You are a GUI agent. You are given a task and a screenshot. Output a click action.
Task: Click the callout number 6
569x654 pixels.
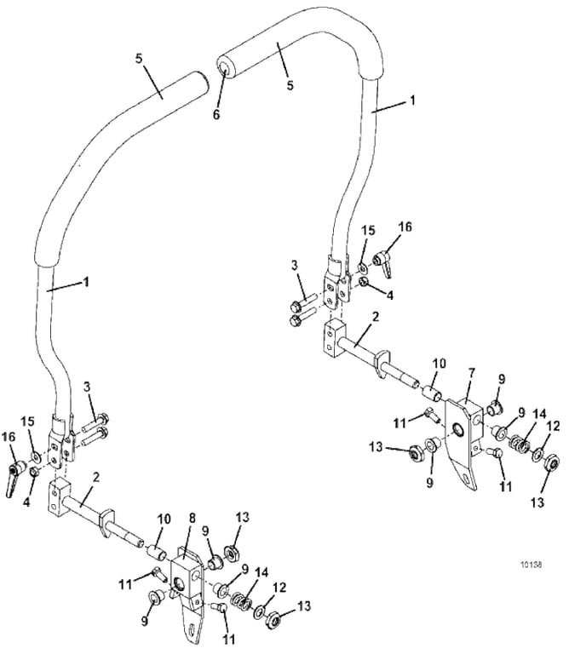pos(216,114)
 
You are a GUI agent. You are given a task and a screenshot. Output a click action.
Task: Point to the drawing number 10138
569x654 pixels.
pos(531,565)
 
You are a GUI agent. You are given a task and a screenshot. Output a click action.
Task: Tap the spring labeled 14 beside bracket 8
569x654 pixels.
pos(241,602)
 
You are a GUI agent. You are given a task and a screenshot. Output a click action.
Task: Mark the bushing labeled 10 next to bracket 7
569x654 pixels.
pos(432,392)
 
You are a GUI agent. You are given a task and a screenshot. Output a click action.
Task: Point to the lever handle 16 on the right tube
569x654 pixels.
pos(384,264)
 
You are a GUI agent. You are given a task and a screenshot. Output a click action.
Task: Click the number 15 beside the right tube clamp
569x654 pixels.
pos(369,231)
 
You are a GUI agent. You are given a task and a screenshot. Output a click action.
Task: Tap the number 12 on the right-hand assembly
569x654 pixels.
pos(553,426)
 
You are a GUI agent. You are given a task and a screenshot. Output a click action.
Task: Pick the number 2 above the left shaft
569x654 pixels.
pos(96,478)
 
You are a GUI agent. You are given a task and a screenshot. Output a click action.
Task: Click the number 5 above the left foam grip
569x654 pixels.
pos(139,59)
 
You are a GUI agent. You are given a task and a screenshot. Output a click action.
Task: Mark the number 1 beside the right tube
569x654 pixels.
pos(411,100)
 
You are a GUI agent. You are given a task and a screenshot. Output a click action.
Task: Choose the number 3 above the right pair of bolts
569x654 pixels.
pos(295,266)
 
